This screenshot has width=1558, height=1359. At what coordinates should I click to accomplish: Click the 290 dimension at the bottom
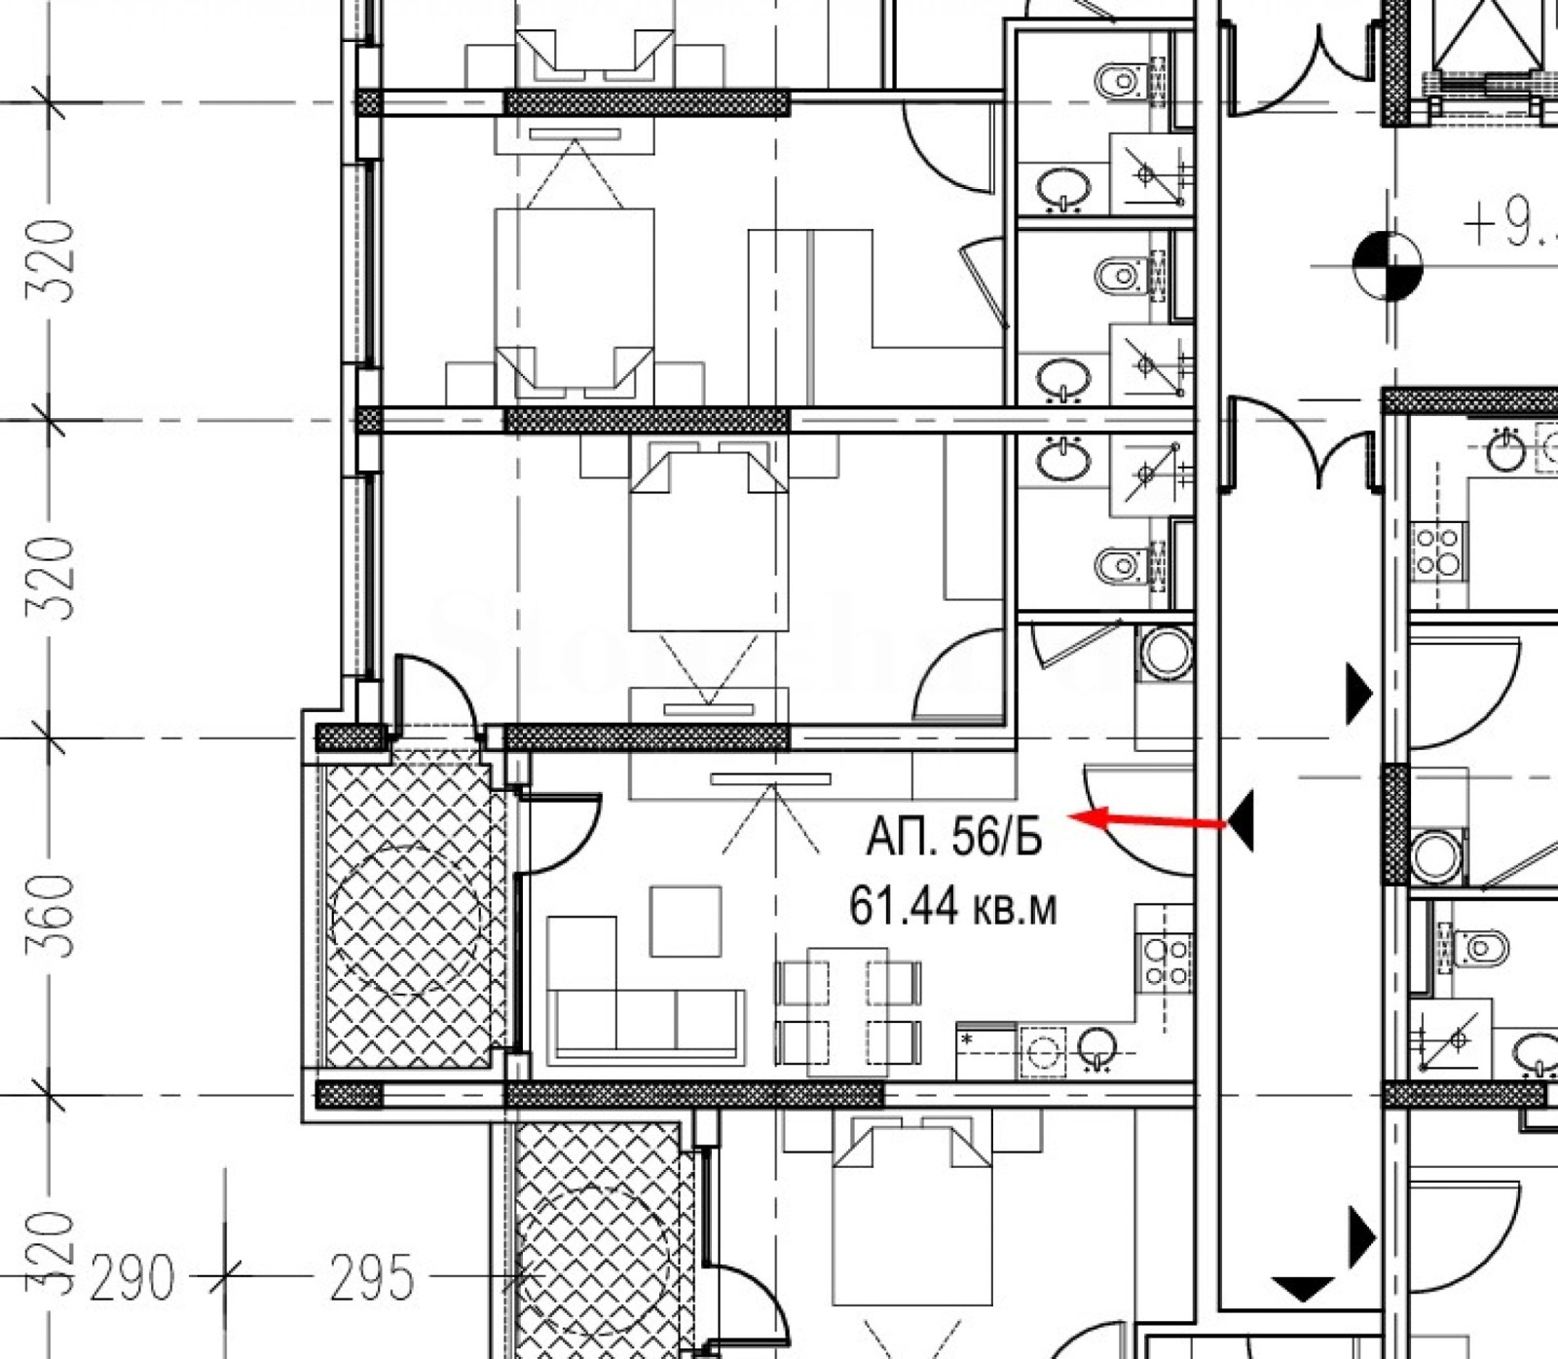132,1277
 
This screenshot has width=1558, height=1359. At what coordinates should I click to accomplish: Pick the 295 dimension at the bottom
371,1277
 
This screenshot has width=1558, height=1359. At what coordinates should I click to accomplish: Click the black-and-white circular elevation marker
1388,262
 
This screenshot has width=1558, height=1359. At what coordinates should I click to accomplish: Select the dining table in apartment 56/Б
848,1010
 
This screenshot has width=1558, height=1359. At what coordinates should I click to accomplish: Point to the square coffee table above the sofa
686,921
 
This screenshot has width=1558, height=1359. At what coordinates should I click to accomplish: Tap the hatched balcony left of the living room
409,916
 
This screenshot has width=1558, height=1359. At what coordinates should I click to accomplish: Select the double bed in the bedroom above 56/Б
708,546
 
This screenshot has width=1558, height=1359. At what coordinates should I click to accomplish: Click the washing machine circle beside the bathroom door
1165,653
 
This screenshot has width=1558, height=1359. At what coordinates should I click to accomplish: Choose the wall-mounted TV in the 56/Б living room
770,778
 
